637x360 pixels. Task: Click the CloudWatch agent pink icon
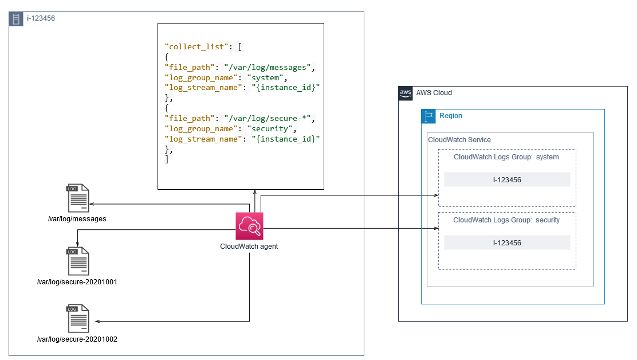click(249, 226)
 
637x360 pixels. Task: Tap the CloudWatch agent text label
click(249, 246)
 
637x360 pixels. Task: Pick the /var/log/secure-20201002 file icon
click(77, 319)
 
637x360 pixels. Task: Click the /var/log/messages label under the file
click(77, 219)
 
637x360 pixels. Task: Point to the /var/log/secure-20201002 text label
click(77, 339)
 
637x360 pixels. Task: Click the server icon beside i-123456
click(16, 19)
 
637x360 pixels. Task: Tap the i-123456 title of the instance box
click(41, 19)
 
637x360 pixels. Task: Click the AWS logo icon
click(406, 93)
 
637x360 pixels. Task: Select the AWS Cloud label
click(434, 93)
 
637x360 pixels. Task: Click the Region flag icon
click(428, 116)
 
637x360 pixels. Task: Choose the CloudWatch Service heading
click(459, 140)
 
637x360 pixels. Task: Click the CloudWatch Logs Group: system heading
click(506, 157)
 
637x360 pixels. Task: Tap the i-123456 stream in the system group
click(507, 179)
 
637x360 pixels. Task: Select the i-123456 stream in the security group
click(507, 242)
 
